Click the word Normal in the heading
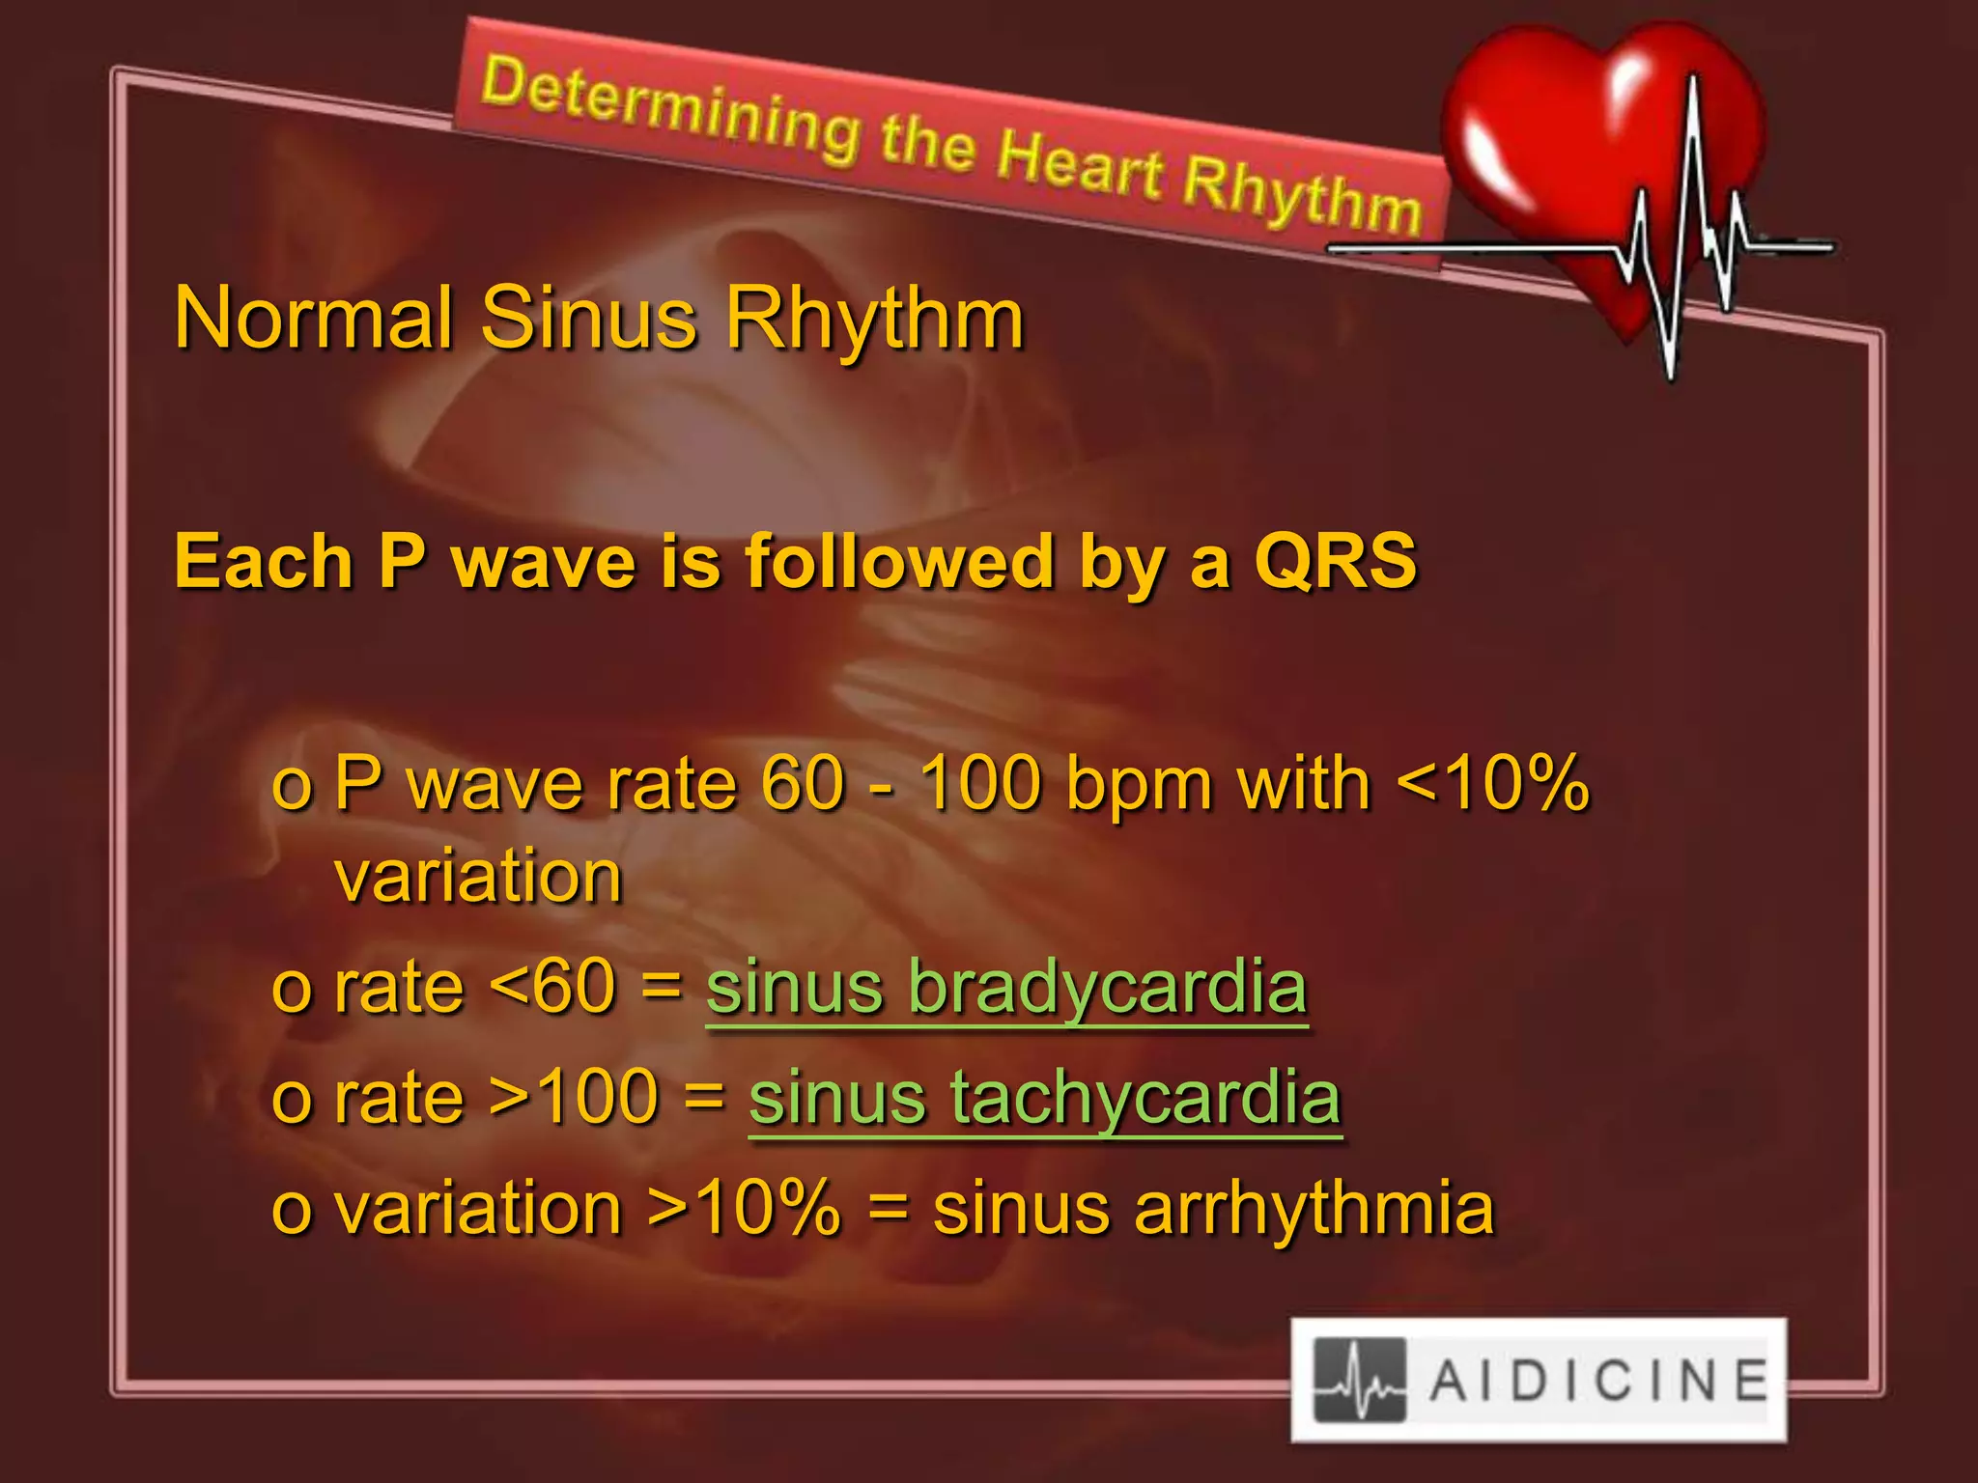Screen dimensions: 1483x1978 tap(313, 319)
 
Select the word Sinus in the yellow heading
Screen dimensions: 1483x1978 tap(588, 319)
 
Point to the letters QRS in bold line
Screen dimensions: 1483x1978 tap(1335, 562)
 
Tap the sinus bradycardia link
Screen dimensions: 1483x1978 tap(1005, 988)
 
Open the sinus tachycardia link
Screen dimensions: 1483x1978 tap(1044, 1098)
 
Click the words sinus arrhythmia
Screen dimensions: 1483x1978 tap(1213, 1209)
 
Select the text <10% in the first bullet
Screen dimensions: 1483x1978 tap(1492, 783)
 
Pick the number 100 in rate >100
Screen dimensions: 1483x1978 tap(597, 1098)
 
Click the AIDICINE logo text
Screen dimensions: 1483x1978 tap(1598, 1381)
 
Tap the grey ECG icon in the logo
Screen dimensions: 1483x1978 tap(1359, 1381)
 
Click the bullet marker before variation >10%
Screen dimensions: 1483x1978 tap(291, 1213)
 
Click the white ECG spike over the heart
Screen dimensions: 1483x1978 tap(1690, 222)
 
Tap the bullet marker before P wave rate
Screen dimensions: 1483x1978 tap(291, 787)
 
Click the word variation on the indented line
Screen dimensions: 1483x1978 tap(478, 878)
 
